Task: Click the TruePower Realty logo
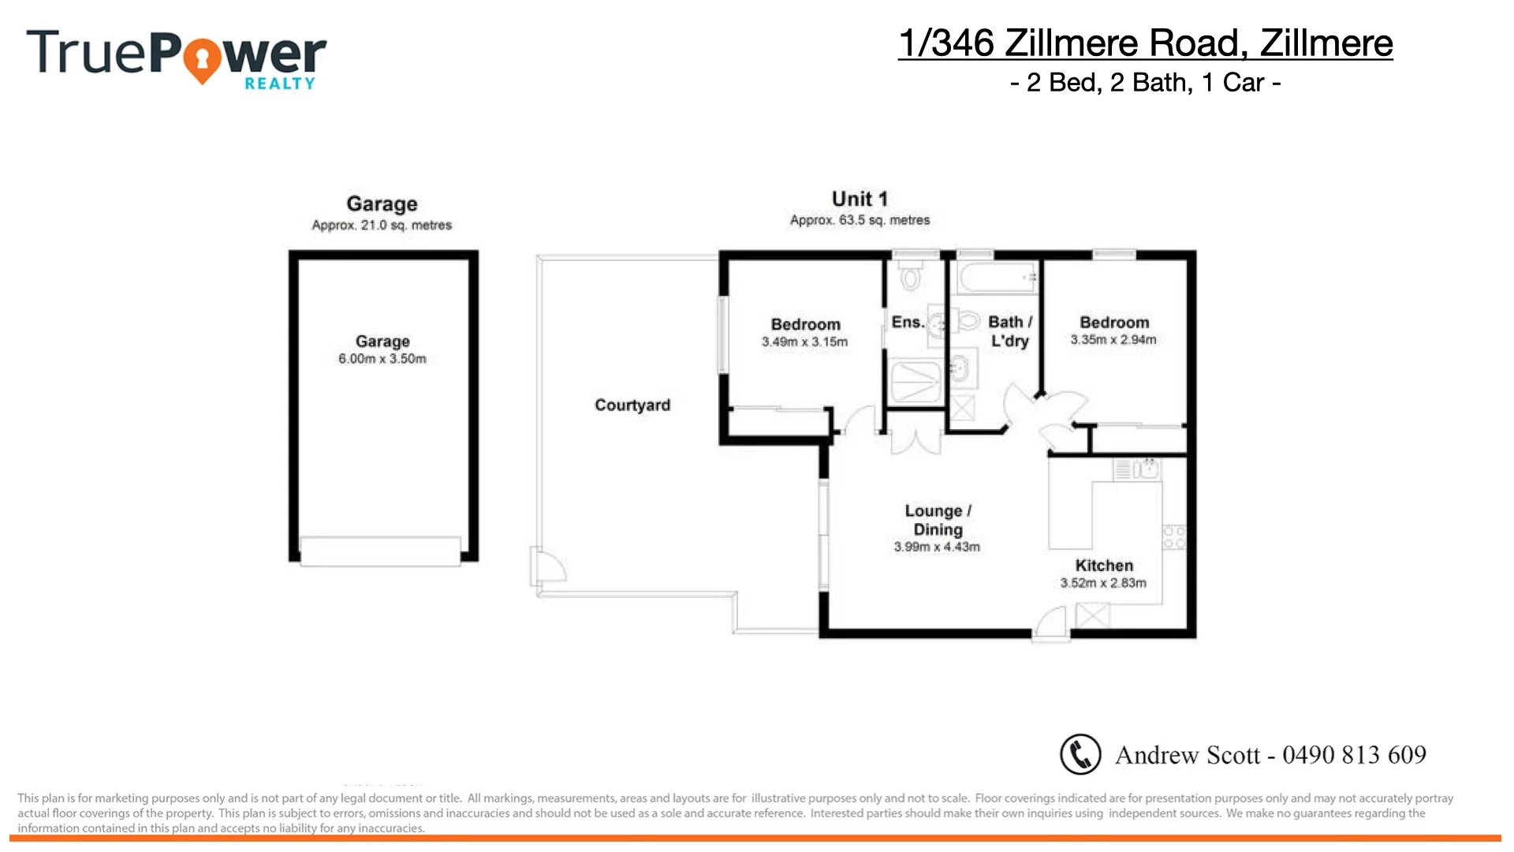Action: coord(176,58)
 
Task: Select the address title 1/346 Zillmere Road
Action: coord(1145,43)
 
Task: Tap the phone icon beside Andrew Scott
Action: coord(1080,754)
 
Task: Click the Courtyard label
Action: coord(632,405)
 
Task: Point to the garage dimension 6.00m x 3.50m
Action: coord(382,359)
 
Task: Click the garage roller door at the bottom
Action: coord(380,550)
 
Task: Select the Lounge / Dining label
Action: coord(938,520)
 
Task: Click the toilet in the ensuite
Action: coord(912,277)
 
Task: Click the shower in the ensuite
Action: coord(915,383)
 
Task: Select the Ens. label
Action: coord(907,322)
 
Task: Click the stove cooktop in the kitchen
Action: coord(1174,537)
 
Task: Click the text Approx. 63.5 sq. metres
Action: coord(860,220)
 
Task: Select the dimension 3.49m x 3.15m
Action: coord(804,342)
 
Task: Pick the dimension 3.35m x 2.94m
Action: coord(1113,340)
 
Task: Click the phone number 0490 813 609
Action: coord(1354,755)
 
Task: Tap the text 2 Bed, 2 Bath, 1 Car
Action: coord(1145,83)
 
